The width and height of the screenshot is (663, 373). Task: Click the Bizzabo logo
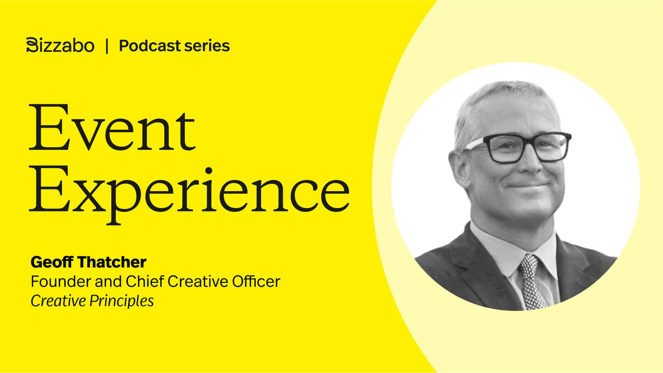pyautogui.click(x=60, y=45)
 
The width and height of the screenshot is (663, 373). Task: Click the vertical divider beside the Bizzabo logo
pyautogui.click(x=107, y=46)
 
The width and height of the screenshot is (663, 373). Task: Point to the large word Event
pyautogui.click(x=112, y=128)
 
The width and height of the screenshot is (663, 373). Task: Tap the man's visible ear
pyautogui.click(x=459, y=166)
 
